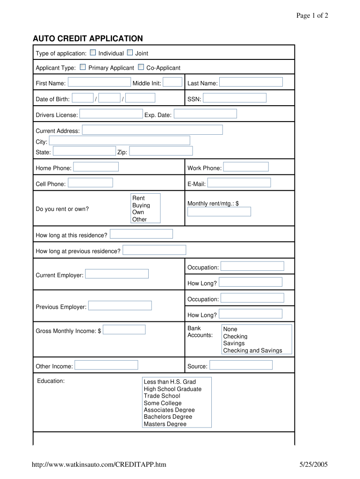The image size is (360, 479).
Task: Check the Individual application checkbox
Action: click(x=93, y=53)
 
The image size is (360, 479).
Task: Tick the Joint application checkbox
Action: click(x=130, y=53)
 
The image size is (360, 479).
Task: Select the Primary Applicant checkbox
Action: click(x=83, y=67)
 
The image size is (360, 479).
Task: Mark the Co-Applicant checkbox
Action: click(x=141, y=67)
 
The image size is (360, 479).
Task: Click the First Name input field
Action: click(x=99, y=82)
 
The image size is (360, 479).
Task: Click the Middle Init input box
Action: click(x=173, y=82)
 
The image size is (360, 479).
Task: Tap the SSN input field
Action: click(x=234, y=98)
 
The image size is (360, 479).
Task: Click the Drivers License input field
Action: click(x=111, y=114)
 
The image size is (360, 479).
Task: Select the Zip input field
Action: click(x=161, y=151)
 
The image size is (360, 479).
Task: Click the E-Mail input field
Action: click(x=239, y=183)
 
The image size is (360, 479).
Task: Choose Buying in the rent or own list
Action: click(x=141, y=205)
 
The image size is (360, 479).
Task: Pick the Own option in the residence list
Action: click(x=138, y=212)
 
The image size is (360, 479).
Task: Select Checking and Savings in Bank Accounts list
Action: click(x=252, y=350)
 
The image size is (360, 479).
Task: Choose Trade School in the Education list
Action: click(x=162, y=396)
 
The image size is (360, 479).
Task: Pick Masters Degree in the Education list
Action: click(x=165, y=424)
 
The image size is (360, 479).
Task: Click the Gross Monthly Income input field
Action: click(x=124, y=330)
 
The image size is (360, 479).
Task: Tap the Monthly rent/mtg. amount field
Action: click(x=219, y=212)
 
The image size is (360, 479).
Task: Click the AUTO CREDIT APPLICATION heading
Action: click(x=88, y=38)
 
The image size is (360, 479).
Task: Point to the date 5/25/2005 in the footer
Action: click(x=314, y=464)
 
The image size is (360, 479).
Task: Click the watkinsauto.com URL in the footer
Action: click(x=99, y=464)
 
